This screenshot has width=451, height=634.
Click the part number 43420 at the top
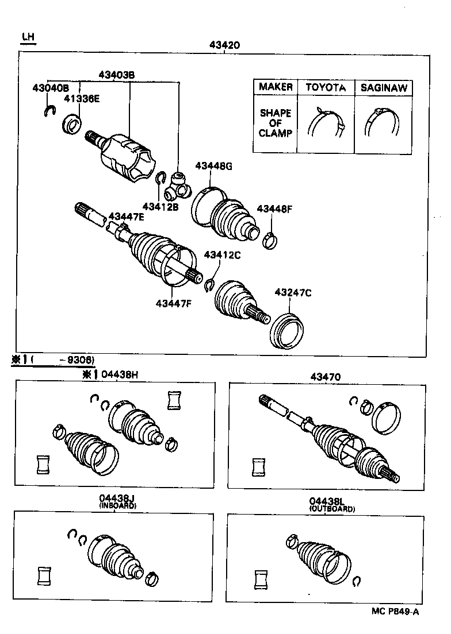(226, 45)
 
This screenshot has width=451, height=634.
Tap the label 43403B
(116, 75)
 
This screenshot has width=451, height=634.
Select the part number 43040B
(50, 88)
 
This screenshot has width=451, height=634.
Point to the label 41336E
(81, 98)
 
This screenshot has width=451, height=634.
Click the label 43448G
(213, 166)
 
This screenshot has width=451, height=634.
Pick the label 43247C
(293, 293)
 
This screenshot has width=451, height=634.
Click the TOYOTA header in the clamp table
(326, 87)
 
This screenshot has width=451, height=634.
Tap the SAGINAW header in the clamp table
(384, 87)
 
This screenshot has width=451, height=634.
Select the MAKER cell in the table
(276, 87)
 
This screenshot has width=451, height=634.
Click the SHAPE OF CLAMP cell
(276, 123)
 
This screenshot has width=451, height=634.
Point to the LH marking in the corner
(28, 37)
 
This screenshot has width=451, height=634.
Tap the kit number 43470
(326, 377)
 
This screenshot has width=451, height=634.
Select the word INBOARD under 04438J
(117, 507)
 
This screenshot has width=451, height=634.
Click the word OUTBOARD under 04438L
(332, 509)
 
